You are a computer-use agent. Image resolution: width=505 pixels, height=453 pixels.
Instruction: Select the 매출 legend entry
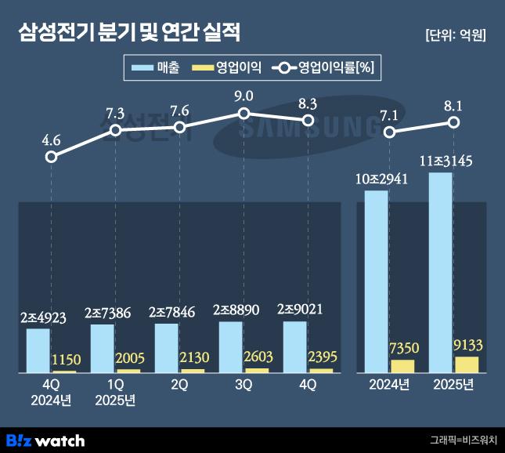[157, 68]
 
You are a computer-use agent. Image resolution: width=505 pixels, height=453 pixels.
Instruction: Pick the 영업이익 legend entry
[227, 68]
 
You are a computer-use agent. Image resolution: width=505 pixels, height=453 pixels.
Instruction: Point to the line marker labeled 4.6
[52, 157]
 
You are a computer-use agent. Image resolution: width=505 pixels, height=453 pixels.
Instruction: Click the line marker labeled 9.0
[244, 114]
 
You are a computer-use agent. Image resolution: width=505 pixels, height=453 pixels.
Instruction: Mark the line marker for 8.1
[454, 122]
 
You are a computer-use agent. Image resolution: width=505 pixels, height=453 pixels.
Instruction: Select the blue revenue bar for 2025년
[441, 272]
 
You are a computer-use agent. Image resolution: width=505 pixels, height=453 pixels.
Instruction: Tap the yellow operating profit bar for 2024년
[402, 365]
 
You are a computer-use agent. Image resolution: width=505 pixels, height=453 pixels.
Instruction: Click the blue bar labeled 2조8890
[230, 346]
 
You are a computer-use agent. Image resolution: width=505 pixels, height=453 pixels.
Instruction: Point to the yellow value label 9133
[468, 344]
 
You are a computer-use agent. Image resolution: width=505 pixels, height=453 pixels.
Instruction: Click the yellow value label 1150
[66, 360]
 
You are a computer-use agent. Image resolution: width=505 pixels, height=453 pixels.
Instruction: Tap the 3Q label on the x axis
[243, 384]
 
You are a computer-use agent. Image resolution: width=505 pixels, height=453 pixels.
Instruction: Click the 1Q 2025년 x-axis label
[115, 392]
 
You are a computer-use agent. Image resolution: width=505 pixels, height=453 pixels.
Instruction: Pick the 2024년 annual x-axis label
[390, 384]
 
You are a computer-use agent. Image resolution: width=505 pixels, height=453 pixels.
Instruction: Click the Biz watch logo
[45, 440]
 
